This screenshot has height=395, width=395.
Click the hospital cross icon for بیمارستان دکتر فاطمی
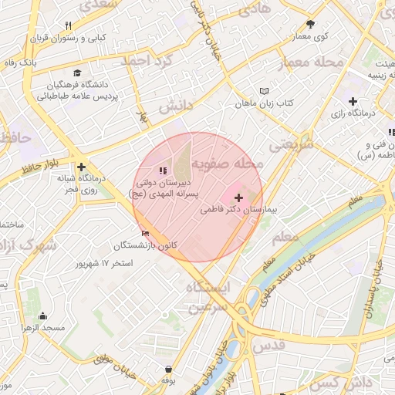[x=238, y=198]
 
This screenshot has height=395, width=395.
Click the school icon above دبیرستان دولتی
[x=162, y=170]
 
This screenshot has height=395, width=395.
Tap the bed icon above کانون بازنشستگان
[x=146, y=234]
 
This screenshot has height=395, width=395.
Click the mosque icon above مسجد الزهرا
[x=42, y=316]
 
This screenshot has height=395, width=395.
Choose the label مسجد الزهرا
[x=42, y=328]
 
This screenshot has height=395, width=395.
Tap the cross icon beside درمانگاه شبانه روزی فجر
[x=82, y=166]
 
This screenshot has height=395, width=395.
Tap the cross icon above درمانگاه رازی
[x=353, y=101]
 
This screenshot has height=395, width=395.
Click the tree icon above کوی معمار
[x=311, y=24]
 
